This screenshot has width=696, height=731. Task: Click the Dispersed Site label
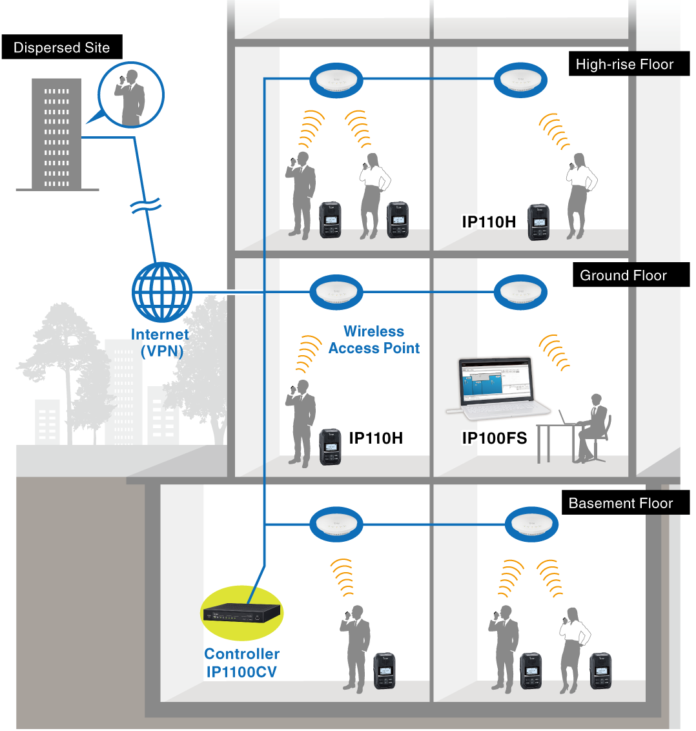pyautogui.click(x=61, y=48)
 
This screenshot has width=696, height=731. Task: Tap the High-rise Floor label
pyautogui.click(x=624, y=65)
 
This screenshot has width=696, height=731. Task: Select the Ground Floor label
pyautogui.click(x=623, y=276)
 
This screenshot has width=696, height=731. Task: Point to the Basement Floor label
pyautogui.click(x=620, y=504)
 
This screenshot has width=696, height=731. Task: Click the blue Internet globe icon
pyautogui.click(x=161, y=292)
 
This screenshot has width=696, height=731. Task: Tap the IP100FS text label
pyautogui.click(x=495, y=439)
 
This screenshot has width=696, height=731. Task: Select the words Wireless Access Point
pyautogui.click(x=374, y=340)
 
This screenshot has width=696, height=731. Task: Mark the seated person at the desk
pyautogui.click(x=592, y=427)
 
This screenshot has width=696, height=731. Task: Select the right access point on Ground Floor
pyautogui.click(x=520, y=293)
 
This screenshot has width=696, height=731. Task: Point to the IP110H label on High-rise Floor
pyautogui.click(x=489, y=222)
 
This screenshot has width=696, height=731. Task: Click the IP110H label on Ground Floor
pyautogui.click(x=376, y=438)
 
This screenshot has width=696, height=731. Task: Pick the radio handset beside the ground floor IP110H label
pyautogui.click(x=330, y=446)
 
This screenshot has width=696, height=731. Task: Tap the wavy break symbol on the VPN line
pyautogui.click(x=145, y=205)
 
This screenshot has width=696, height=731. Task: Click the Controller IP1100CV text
pyautogui.click(x=242, y=663)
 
